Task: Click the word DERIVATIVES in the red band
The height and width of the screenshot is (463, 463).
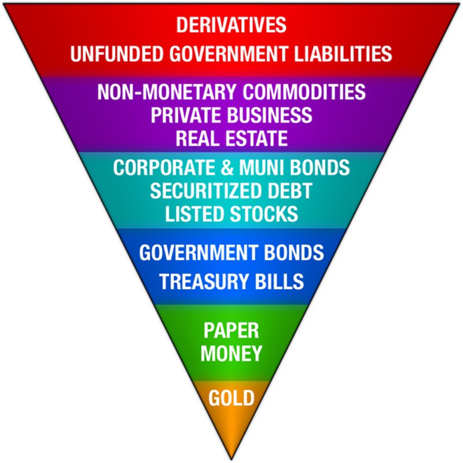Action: point(231,25)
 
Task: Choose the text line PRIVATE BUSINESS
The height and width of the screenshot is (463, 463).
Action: point(231,115)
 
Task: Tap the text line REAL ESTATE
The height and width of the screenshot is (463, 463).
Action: point(231,138)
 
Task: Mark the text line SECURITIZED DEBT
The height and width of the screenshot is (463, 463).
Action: point(231,191)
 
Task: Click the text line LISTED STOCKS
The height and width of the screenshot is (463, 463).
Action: point(231,214)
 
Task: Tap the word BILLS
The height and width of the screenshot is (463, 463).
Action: point(280,281)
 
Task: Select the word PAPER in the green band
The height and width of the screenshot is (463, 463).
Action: point(231,330)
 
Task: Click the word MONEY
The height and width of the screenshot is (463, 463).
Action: point(231,352)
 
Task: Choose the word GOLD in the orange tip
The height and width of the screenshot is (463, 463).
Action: point(231,398)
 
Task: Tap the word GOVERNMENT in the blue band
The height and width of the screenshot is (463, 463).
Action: point(197,253)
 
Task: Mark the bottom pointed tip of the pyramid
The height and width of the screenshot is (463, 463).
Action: point(231,458)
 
